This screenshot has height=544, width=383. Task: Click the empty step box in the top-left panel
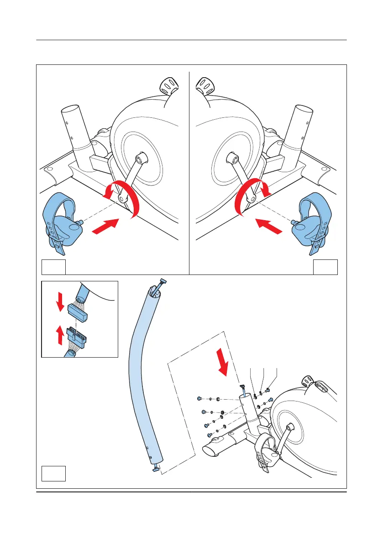point(53,267)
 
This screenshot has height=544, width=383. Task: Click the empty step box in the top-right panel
point(325,267)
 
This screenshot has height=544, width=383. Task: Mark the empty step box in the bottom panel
point(53,473)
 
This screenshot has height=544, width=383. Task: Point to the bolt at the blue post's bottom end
point(155,467)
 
